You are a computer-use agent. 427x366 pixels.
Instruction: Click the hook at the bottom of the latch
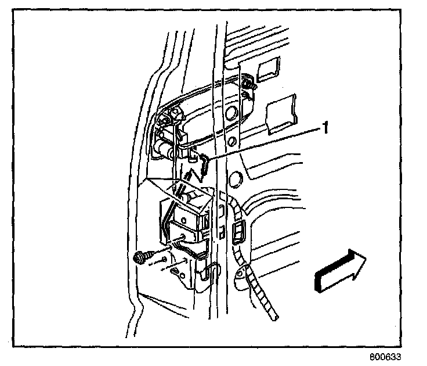click(x=212, y=272)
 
